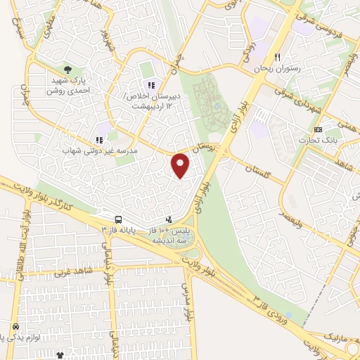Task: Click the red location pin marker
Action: (x=181, y=165)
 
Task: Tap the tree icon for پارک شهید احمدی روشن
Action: (x=67, y=70)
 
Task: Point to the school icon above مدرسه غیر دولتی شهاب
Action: (x=98, y=140)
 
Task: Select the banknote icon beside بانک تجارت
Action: (x=319, y=129)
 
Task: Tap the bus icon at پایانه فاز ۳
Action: (x=117, y=219)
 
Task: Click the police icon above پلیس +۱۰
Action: (x=167, y=219)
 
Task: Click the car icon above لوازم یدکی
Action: (x=15, y=328)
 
